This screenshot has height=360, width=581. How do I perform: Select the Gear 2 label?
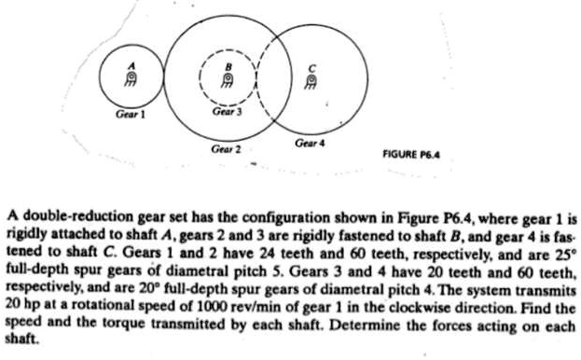point(226,147)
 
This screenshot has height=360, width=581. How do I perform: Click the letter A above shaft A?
point(131,64)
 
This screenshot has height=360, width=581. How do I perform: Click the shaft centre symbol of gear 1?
point(131,78)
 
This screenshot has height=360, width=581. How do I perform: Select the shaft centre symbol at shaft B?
point(225,80)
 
